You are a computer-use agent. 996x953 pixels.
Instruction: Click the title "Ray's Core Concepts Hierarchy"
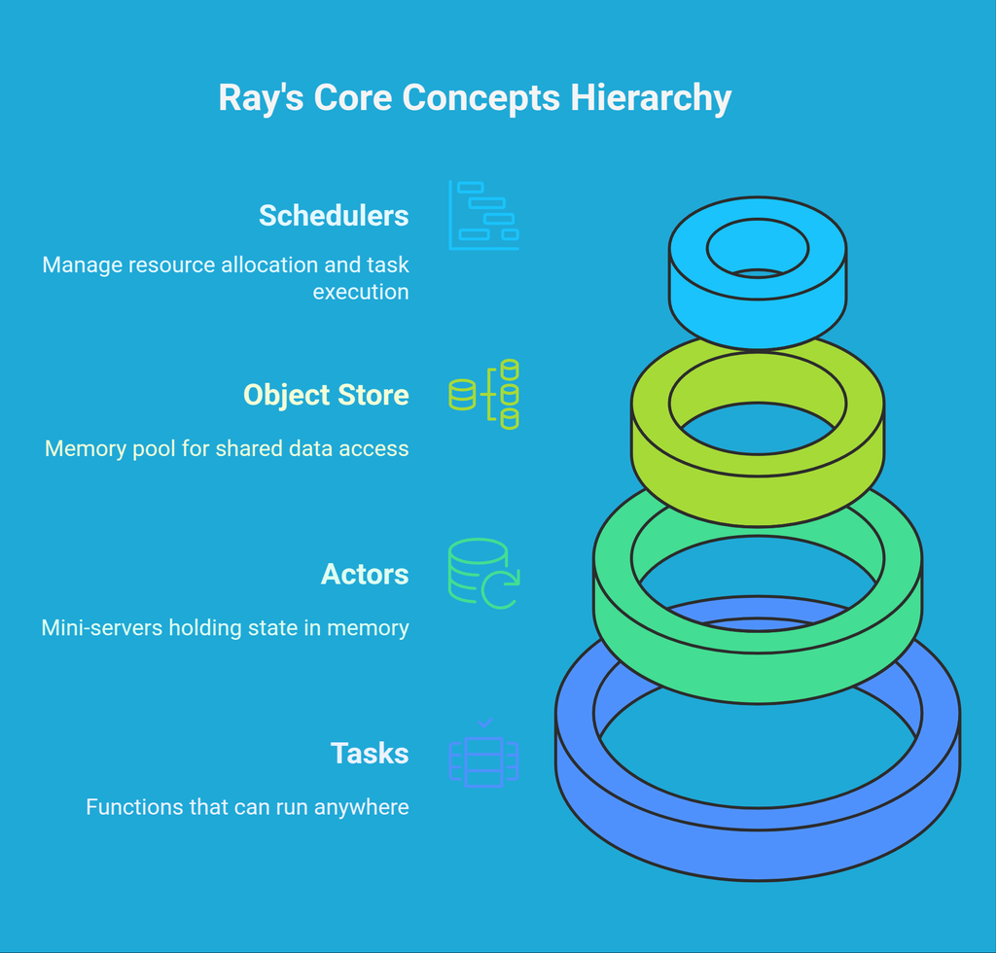pos(475,98)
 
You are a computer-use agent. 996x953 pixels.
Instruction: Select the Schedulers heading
pos(334,215)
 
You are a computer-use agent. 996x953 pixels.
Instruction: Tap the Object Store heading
pos(326,395)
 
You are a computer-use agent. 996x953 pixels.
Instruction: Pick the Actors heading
pos(365,574)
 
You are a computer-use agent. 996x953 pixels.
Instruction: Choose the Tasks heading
pos(370,754)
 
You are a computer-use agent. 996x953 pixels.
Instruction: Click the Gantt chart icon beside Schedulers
pos(483,215)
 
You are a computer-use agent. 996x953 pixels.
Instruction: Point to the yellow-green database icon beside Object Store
pos(483,394)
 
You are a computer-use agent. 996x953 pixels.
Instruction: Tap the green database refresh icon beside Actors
pos(483,574)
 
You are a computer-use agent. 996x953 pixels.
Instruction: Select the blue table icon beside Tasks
pos(483,754)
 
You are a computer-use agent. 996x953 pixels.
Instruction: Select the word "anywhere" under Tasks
pos(362,807)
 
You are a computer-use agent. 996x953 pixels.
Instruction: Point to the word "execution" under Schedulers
pos(361,291)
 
